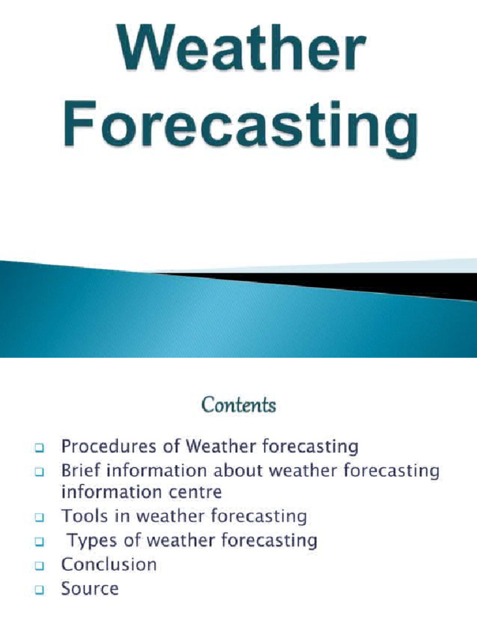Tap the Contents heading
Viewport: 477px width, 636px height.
[238, 406]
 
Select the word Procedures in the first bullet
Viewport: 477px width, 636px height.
[99, 447]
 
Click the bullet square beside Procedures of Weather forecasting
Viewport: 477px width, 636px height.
[39, 447]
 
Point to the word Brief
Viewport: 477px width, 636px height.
[77, 470]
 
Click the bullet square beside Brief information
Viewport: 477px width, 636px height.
[39, 471]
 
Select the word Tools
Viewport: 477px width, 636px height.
[79, 516]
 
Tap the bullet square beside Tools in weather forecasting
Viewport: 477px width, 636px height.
[39, 517]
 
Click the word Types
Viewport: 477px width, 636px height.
[92, 540]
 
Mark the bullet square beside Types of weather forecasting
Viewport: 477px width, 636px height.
[39, 541]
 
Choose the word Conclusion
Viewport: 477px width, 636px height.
[109, 564]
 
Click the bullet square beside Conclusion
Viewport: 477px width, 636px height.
[39, 565]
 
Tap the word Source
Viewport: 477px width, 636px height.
[89, 588]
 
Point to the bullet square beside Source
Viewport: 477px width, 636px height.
[39, 589]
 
